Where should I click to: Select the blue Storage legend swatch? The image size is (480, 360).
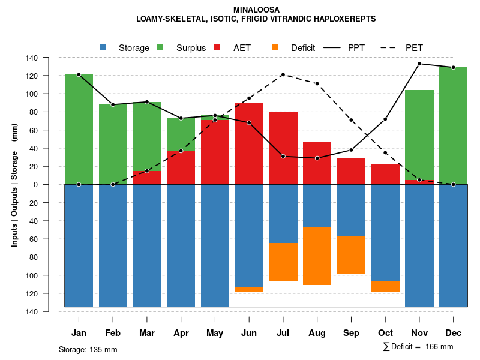pyautogui.click(x=103, y=47)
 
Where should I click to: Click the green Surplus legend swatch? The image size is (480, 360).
pyautogui.click(x=160, y=47)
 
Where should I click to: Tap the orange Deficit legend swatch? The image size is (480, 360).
pyautogui.click(x=275, y=47)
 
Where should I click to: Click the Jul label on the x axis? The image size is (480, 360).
pyautogui.click(x=283, y=333)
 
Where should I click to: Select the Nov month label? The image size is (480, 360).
pyautogui.click(x=419, y=333)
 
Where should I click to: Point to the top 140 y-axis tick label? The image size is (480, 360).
pyautogui.click(x=49, y=58)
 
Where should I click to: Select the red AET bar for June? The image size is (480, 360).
pyautogui.click(x=249, y=144)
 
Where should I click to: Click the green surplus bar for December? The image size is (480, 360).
pyautogui.click(x=454, y=125)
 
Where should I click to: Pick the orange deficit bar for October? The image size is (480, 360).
pyautogui.click(x=385, y=286)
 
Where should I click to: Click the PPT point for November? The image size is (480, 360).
pyautogui.click(x=419, y=64)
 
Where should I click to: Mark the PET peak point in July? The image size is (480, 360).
pyautogui.click(x=283, y=74)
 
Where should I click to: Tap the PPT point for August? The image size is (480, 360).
pyautogui.click(x=317, y=158)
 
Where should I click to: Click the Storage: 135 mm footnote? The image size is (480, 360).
pyautogui.click(x=88, y=349)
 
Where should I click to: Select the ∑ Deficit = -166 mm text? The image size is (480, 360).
pyautogui.click(x=418, y=346)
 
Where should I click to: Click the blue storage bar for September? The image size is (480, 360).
pyautogui.click(x=351, y=210)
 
